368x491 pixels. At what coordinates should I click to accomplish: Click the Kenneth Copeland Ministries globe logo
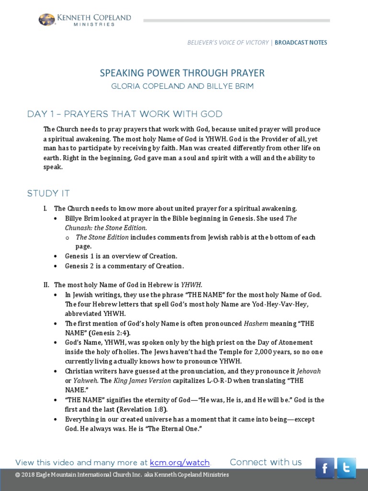46,20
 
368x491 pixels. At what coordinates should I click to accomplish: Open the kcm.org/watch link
180,463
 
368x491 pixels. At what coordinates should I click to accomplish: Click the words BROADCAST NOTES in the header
301,43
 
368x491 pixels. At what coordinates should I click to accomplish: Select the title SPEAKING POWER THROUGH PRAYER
182,73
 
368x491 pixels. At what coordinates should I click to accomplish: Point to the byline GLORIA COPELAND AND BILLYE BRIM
182,87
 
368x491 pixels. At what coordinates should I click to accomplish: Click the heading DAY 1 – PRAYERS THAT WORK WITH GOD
125,114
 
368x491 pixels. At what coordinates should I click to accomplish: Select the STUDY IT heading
48,193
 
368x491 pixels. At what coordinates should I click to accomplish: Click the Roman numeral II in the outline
46,285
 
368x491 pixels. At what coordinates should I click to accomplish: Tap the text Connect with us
265,462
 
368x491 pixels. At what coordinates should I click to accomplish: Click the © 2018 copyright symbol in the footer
18,475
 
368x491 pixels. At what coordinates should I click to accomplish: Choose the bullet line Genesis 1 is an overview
121,256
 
